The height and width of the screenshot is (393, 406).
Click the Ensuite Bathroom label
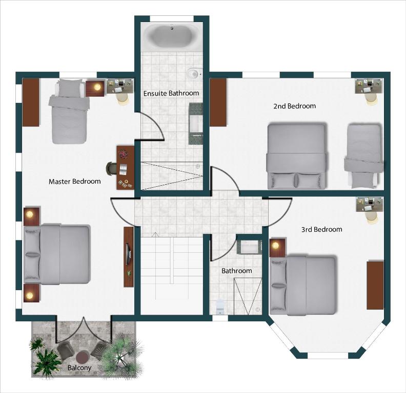171,93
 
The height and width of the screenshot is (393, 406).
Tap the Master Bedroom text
74,181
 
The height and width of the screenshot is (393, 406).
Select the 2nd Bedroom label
294,106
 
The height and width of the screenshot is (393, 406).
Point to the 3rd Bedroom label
321,229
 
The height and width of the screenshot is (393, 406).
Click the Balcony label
79,367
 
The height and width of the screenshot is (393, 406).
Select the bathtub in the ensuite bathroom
172,36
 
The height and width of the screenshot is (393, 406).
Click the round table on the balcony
82,356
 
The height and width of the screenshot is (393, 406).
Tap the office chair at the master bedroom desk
111,168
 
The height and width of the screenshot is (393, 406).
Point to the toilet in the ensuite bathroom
194,74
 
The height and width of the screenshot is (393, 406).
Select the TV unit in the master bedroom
129,253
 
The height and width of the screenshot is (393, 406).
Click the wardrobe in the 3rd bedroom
375,285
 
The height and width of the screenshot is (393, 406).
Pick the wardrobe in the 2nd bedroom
218,102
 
